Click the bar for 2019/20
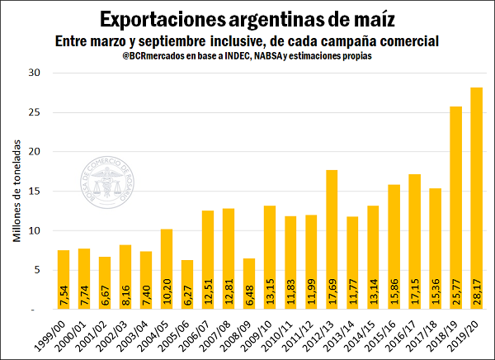coord(476,198)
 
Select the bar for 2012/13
coord(332,239)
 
